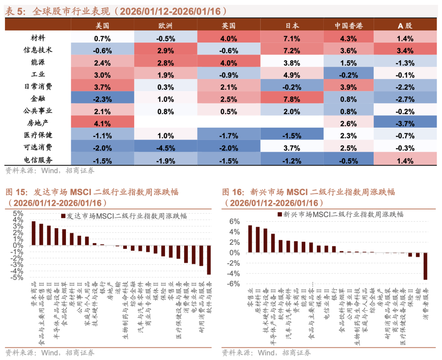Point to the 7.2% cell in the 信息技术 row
click(292, 50)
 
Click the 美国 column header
click(103, 25)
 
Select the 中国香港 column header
click(348, 25)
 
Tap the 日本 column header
click(292, 25)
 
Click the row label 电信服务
click(38, 160)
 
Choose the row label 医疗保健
click(38, 135)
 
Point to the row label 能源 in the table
click(38, 63)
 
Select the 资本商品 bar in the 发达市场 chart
click(34, 233)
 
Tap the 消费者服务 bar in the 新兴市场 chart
click(425, 266)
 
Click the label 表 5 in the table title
click(15, 11)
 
